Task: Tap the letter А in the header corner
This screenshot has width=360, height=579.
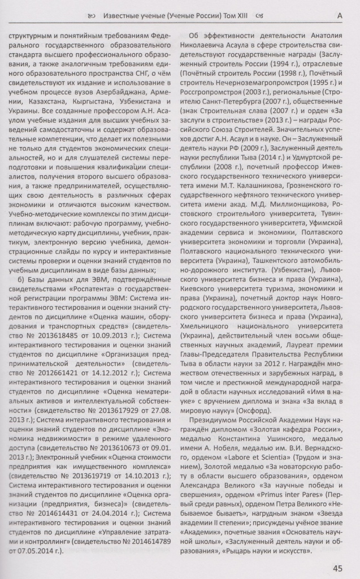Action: (x=340, y=16)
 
